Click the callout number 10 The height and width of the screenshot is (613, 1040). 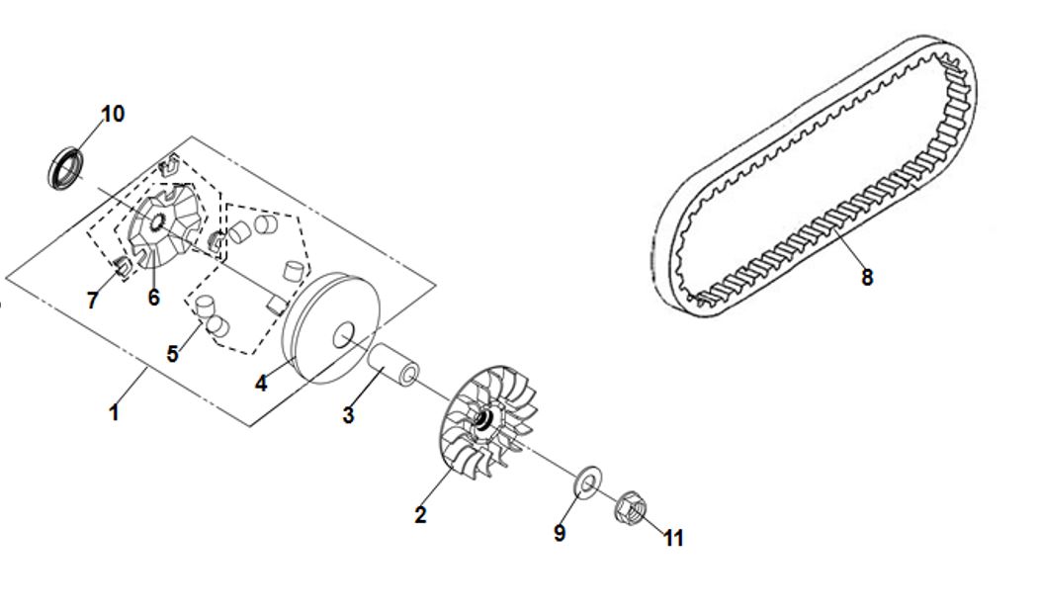coord(113,114)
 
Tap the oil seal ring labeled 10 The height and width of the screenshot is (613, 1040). coord(65,169)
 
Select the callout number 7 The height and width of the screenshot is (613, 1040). coord(92,301)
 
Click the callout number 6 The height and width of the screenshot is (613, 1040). coord(154,298)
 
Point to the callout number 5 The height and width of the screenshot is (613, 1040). coord(172,354)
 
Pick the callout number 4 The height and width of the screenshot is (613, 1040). coord(261,384)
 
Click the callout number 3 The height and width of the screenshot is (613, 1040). coord(348,416)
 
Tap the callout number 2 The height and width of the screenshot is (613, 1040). coord(420,515)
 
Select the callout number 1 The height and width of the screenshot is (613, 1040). coord(114,412)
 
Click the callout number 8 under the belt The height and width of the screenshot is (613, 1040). coord(867,277)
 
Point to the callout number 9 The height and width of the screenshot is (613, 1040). coord(560,533)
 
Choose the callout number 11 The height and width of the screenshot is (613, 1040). coord(673,538)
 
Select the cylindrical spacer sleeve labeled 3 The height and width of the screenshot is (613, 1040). coord(393,366)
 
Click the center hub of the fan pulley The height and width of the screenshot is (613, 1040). coord(483,419)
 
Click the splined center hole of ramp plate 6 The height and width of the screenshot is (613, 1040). coord(157,223)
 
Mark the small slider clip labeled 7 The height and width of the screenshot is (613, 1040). coord(122,266)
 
